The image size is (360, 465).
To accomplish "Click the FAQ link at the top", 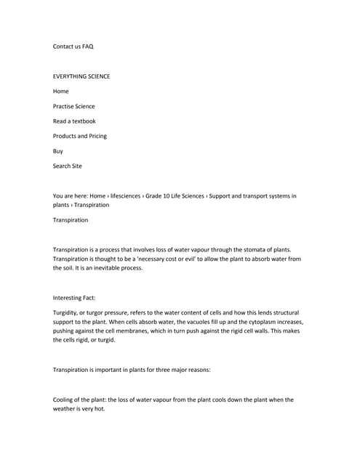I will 87,46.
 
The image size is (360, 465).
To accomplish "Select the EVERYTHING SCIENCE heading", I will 81,76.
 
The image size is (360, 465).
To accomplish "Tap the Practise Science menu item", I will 73,106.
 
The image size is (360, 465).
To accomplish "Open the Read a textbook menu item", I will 74,121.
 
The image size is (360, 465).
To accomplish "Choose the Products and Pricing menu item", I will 79,136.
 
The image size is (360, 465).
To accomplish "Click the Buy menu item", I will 58,151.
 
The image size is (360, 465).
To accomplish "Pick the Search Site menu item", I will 68,166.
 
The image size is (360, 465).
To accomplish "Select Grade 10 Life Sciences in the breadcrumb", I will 175,196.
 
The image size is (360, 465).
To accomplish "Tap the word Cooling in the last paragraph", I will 64,400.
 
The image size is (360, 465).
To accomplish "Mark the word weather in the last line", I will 67,409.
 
